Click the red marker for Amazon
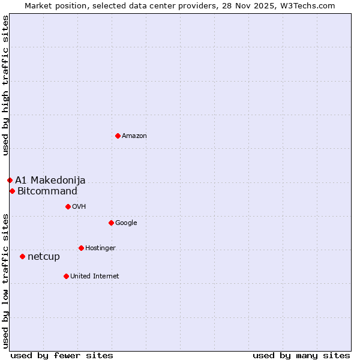pyautogui.click(x=118, y=136)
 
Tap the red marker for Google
pyautogui.click(x=111, y=223)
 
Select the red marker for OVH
pyautogui.click(x=68, y=206)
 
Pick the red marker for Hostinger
pyautogui.click(x=81, y=248)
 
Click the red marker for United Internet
pyautogui.click(x=66, y=276)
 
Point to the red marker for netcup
pyautogui.click(x=22, y=256)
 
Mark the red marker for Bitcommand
pyautogui.click(x=12, y=191)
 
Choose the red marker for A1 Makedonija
pyautogui.click(x=10, y=180)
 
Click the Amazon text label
pyautogui.click(x=134, y=136)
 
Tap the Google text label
pyautogui.click(x=126, y=223)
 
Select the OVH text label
pyautogui.click(x=79, y=207)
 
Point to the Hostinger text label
pyautogui.click(x=100, y=248)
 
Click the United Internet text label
pyautogui.click(x=95, y=277)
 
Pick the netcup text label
pyautogui.click(x=44, y=257)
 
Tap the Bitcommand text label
pyautogui.click(x=47, y=191)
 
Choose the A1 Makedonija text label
pyautogui.click(x=50, y=181)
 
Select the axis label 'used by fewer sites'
pyautogui.click(x=62, y=355)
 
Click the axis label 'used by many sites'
pyautogui.click(x=301, y=355)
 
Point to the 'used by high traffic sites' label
pyautogui.click(x=5, y=85)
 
